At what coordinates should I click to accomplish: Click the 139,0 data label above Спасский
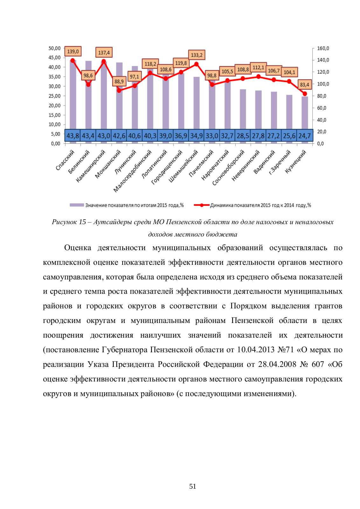(x=73, y=52)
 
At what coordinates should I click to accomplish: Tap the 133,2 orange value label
(x=197, y=55)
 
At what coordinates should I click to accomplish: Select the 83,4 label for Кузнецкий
(x=305, y=85)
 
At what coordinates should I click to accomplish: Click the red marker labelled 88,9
(x=119, y=90)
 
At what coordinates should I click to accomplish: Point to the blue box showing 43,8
(x=73, y=136)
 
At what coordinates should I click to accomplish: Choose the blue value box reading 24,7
(x=305, y=136)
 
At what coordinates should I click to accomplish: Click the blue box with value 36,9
(x=181, y=136)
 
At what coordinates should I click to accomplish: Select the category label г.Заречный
(x=280, y=162)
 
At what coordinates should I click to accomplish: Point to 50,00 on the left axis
(x=55, y=48)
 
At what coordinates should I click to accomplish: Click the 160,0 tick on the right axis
(x=323, y=48)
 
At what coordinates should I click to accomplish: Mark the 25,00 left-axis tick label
(x=55, y=96)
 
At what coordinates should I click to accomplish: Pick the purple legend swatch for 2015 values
(x=77, y=205)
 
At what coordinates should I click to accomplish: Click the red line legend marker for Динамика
(x=202, y=205)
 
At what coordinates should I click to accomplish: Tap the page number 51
(x=192, y=486)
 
